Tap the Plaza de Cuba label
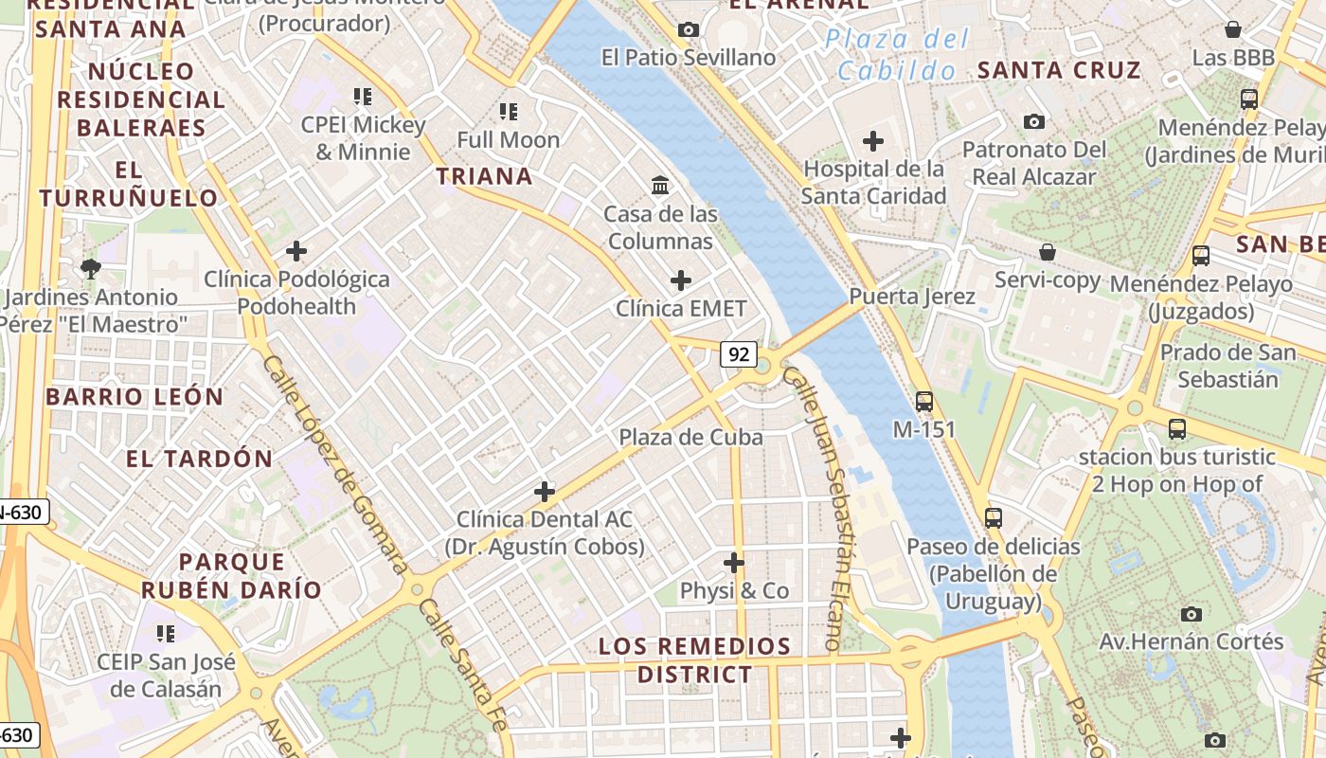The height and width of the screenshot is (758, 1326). pos(690,437)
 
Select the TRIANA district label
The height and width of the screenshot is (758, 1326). pos(484,176)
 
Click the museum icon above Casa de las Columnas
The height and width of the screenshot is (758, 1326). pos(660,185)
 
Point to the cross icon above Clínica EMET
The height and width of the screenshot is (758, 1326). pos(680,280)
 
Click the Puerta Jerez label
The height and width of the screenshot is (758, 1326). pos(911,297)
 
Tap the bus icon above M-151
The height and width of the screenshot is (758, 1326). pos(923,401)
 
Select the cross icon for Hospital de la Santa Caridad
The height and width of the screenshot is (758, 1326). pos(872,142)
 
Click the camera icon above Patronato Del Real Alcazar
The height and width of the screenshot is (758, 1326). pos(1033,121)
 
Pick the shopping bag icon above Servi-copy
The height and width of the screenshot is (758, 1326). pos(1047,252)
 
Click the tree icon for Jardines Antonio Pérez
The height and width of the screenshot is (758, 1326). pos(90,269)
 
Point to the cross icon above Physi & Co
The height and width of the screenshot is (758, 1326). pos(733,563)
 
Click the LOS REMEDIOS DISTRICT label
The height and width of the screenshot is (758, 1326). pos(694,660)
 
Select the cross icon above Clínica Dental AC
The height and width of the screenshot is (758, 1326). pos(544,491)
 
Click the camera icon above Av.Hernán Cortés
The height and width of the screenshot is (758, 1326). pos(1191,614)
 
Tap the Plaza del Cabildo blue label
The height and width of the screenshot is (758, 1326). pos(897,54)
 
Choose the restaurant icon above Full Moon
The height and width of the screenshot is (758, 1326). pos(509,112)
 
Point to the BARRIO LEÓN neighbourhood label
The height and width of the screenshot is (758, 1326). pos(134,397)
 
